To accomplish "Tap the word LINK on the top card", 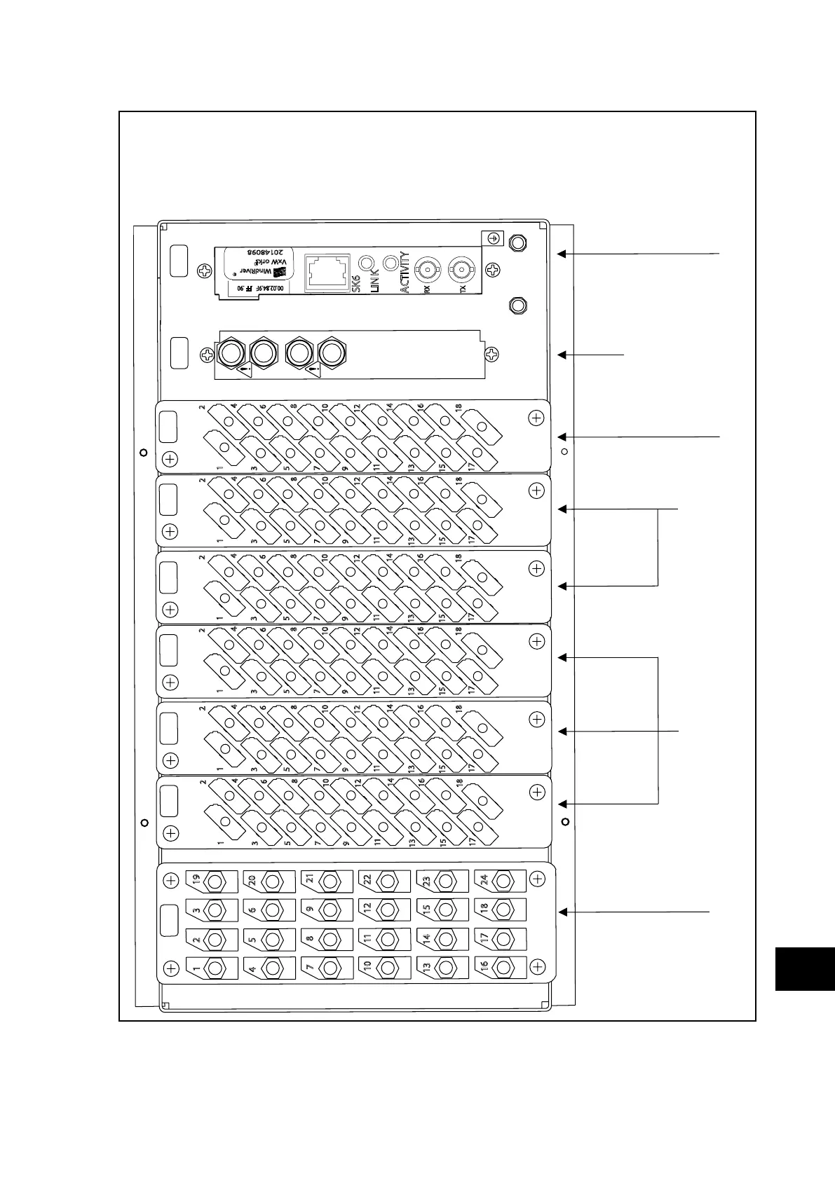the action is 374,281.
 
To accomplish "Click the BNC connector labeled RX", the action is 427,268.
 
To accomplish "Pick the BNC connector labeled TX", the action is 462,268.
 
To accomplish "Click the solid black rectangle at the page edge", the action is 805,968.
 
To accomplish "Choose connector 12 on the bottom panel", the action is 387,910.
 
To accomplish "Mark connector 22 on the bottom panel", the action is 387,880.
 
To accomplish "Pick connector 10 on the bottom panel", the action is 387,968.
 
